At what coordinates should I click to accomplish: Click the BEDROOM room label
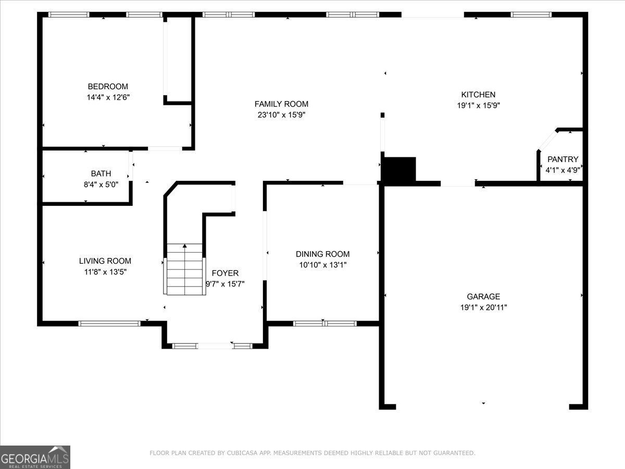107,87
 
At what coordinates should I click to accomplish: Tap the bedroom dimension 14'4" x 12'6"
107,97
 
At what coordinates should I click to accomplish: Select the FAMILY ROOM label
281,104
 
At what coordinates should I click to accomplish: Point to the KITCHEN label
478,94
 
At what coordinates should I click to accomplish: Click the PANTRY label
562,159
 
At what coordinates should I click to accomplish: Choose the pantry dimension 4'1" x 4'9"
562,170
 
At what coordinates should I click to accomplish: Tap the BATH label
101,174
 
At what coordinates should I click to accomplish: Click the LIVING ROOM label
105,261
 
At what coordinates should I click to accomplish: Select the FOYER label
225,273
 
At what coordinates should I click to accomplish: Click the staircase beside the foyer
185,269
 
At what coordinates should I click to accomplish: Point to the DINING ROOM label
322,254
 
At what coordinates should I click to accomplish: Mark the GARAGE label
483,297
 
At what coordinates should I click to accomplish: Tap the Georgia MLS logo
35,457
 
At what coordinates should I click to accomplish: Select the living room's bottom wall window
109,324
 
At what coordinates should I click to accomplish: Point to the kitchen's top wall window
531,15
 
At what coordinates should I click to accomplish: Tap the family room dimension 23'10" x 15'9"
281,115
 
